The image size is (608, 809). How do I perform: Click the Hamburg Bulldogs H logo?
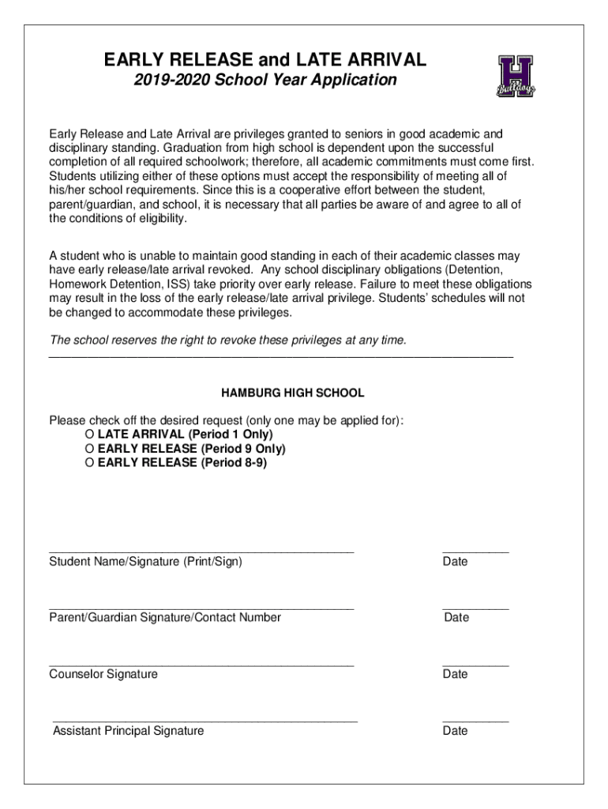click(516, 76)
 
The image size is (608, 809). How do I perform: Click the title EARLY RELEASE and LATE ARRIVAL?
click(265, 59)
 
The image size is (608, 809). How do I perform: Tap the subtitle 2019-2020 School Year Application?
click(265, 81)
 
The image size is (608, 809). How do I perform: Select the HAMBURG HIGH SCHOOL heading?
click(292, 393)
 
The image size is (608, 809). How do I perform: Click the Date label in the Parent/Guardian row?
click(456, 618)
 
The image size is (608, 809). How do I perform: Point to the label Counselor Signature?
click(103, 674)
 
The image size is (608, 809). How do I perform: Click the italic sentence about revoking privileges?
click(228, 341)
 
